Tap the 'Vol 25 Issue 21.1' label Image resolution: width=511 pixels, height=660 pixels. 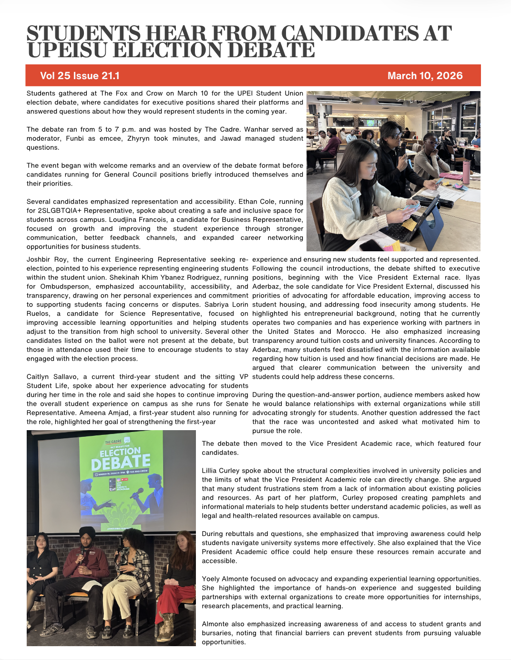pos(80,76)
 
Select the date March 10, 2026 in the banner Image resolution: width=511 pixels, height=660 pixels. pos(425,76)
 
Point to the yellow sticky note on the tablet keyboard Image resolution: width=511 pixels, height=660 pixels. pos(409,224)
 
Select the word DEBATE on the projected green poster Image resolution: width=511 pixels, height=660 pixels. pos(121,461)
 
